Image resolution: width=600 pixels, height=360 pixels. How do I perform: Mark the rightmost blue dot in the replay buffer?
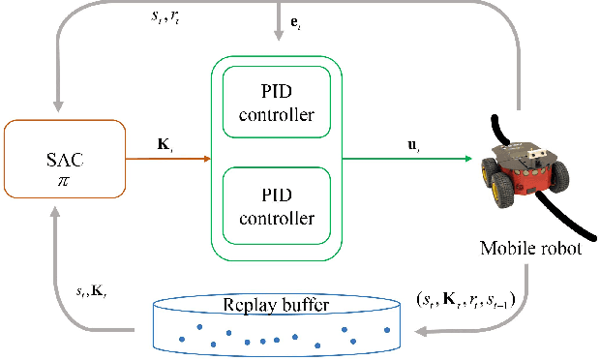[x=387, y=330]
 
